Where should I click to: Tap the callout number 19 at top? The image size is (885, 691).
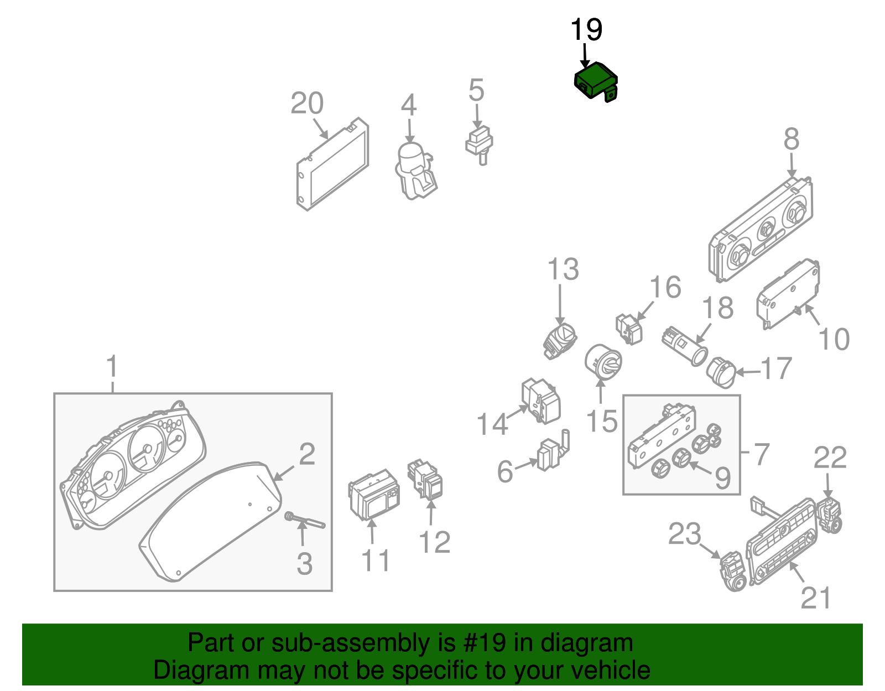(x=586, y=30)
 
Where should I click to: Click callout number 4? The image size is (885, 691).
(x=408, y=105)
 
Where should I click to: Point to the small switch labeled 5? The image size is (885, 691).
(x=479, y=143)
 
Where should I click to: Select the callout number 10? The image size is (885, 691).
(x=834, y=339)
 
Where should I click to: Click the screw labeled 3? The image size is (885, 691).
(x=304, y=521)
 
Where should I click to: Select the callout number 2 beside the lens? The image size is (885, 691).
(x=307, y=454)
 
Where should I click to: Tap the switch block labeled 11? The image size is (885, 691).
(x=374, y=495)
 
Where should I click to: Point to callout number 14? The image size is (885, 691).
(x=492, y=424)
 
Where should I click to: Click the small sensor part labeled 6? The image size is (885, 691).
(x=550, y=454)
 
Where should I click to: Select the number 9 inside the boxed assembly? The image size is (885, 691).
(x=722, y=478)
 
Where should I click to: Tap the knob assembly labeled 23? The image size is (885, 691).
(x=732, y=570)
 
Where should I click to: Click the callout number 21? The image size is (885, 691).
(x=816, y=598)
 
